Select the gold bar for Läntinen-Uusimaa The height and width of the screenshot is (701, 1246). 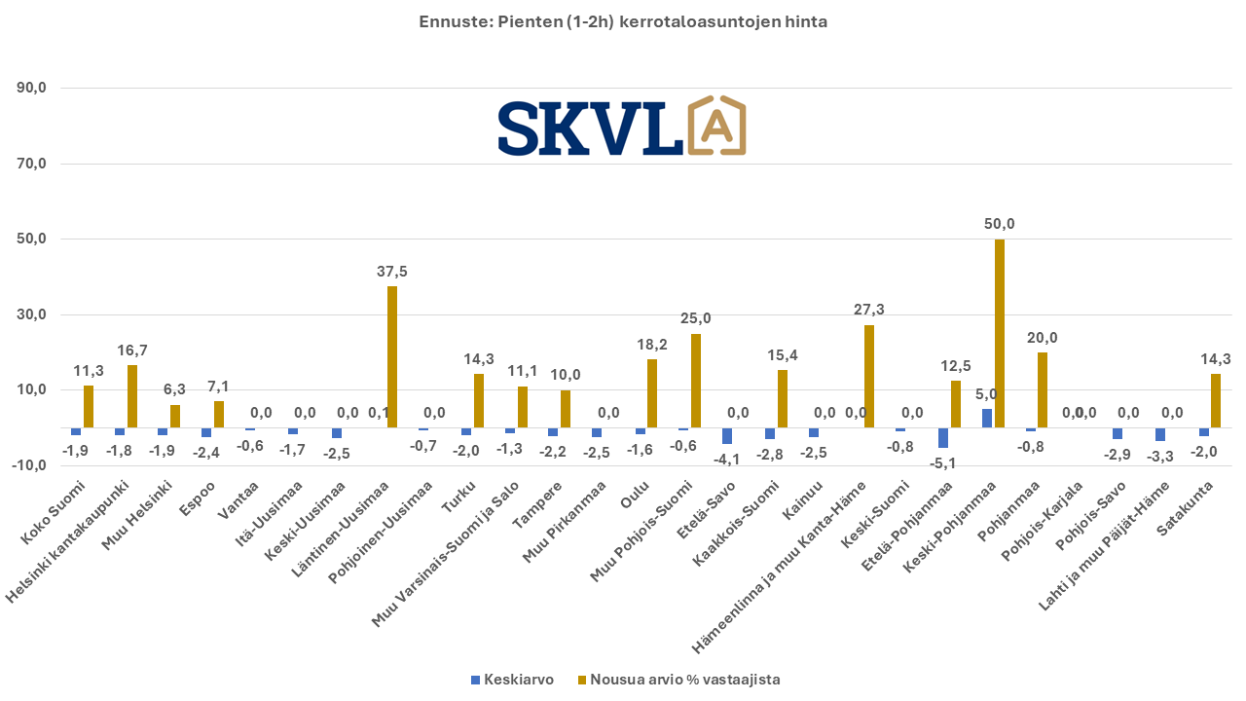pos(392,356)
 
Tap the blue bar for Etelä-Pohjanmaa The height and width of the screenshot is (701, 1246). pos(942,437)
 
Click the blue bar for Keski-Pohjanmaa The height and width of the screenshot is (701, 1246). pos(986,419)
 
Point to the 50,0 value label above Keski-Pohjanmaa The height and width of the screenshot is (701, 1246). pos(999,224)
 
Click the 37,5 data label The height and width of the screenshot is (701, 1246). pos(392,272)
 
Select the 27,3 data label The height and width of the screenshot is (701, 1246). pos(869,310)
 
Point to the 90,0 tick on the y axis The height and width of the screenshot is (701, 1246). pos(32,89)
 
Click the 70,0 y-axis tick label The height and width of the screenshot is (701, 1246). pos(32,164)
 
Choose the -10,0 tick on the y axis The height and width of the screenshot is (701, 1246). pos(30,465)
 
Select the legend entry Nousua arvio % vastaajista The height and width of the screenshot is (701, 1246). pos(678,680)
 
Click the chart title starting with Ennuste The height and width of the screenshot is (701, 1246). pos(623,21)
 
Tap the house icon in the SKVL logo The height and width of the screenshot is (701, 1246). pos(716,127)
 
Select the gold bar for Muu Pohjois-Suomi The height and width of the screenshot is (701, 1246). pos(696,381)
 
